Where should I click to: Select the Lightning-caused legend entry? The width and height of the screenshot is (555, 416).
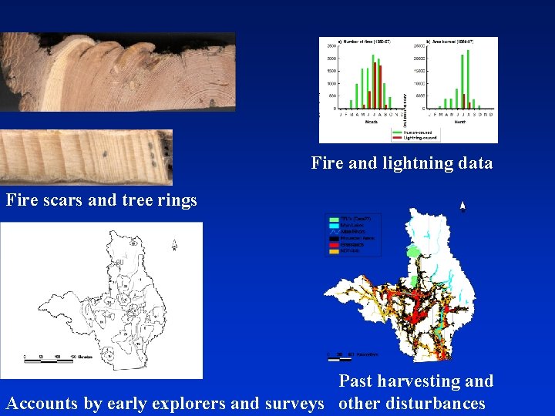pos(417,136)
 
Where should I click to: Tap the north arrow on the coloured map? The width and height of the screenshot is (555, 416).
pos(462,206)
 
